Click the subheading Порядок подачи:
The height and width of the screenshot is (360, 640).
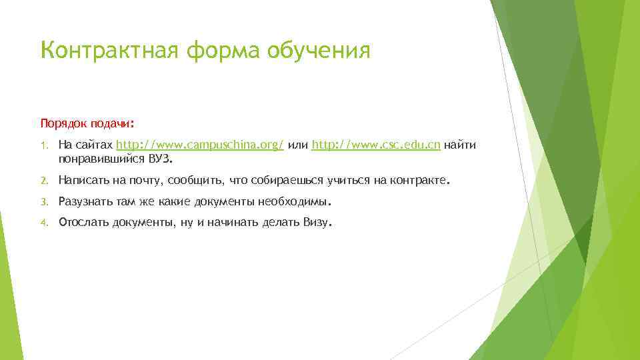point(87,124)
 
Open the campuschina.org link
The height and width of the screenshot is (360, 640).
point(200,145)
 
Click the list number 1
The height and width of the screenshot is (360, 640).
point(43,146)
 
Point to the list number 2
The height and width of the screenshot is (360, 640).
point(43,181)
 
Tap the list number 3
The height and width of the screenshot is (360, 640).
point(43,202)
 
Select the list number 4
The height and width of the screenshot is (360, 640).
point(43,223)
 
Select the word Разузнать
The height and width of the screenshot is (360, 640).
point(83,202)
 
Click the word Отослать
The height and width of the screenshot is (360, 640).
point(81,223)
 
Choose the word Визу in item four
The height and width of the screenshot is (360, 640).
point(315,223)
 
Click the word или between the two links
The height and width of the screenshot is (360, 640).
point(298,145)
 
